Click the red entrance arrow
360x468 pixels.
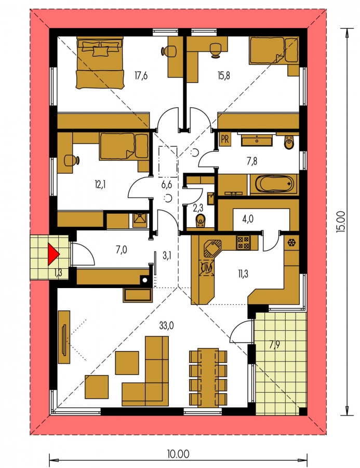(x=54, y=254)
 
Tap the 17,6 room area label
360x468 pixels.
(x=141, y=76)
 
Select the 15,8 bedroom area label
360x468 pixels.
(x=224, y=76)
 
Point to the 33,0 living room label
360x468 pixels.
(x=167, y=326)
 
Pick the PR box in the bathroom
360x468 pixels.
(x=225, y=139)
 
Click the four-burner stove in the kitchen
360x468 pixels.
(x=244, y=242)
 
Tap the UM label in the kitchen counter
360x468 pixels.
(x=206, y=267)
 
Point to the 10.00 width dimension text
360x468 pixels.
(x=178, y=454)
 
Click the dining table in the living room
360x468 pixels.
(x=208, y=376)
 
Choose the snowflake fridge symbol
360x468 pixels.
(x=290, y=242)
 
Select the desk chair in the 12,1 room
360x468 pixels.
(x=72, y=160)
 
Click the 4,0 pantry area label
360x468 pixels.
(x=248, y=219)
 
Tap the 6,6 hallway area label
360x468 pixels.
(x=167, y=185)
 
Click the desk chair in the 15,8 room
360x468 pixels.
(x=215, y=49)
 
